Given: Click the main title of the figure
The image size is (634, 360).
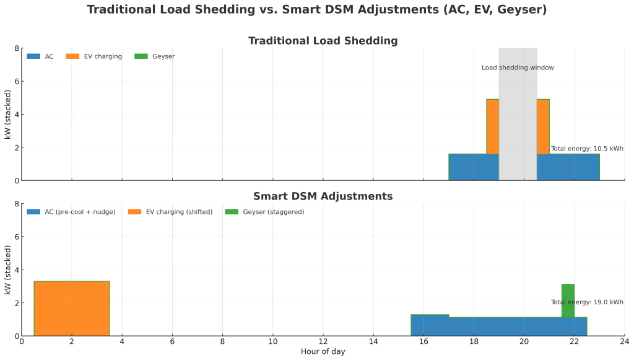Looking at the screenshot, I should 317,10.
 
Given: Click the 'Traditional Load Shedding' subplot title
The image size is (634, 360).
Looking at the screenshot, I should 323,41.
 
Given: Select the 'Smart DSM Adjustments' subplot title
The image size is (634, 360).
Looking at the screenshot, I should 323,196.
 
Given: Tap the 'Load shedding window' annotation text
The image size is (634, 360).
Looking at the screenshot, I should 518,68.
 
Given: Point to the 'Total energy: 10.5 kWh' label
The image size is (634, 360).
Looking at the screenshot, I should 586,149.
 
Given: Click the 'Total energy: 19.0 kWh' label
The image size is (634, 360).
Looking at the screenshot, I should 586,302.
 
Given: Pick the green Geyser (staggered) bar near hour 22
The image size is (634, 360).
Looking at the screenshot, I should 568,301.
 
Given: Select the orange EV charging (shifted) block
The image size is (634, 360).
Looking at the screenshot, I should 72,309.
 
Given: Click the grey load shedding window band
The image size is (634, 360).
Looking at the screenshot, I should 518,124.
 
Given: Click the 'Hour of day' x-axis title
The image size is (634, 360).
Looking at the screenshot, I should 323,352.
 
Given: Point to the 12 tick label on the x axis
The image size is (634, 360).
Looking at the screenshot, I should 323,341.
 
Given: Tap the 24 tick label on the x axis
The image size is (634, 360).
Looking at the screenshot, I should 624,341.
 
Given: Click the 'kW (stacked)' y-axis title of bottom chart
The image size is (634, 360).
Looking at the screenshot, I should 7,270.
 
